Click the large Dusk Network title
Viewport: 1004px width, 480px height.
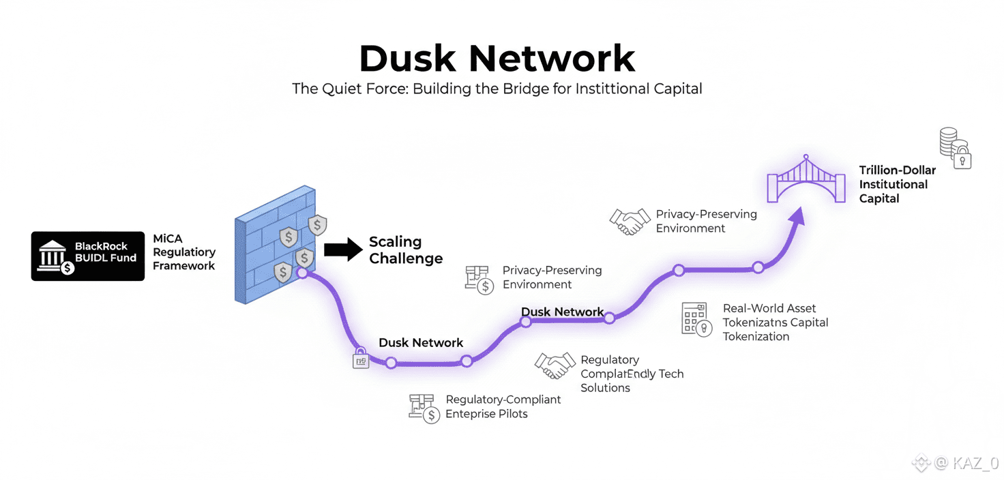pyautogui.click(x=497, y=59)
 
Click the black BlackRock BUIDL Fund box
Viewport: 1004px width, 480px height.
pyautogui.click(x=88, y=256)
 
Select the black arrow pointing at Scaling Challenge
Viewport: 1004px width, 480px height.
pyautogui.click(x=343, y=250)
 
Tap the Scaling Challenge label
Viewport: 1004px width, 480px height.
pyautogui.click(x=406, y=250)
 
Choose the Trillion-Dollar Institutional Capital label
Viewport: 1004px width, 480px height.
pyautogui.click(x=897, y=184)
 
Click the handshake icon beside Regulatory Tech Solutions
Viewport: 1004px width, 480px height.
pyautogui.click(x=553, y=365)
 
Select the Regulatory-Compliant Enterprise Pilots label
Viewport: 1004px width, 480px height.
pyautogui.click(x=503, y=406)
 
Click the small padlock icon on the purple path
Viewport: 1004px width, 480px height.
pyautogui.click(x=361, y=360)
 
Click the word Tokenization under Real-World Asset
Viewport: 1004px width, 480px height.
pyautogui.click(x=756, y=336)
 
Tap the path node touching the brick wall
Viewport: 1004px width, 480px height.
pyautogui.click(x=302, y=273)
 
